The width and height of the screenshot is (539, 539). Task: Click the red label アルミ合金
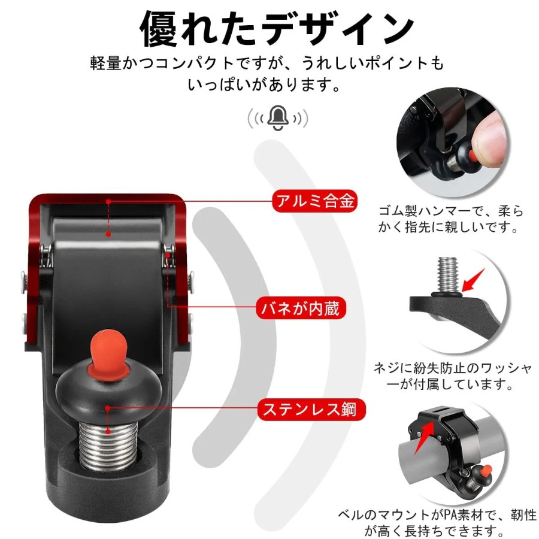click(314, 201)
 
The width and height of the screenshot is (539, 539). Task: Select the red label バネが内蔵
click(301, 308)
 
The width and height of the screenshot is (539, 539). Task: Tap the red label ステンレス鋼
click(311, 409)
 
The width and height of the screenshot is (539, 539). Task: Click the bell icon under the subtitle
click(278, 118)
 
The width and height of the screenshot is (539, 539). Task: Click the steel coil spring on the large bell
click(108, 443)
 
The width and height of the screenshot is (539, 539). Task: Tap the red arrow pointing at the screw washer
click(473, 280)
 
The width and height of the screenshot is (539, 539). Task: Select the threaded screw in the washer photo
click(447, 275)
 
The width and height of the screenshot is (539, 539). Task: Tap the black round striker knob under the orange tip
click(108, 392)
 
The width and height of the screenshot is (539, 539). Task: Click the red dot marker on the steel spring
click(108, 431)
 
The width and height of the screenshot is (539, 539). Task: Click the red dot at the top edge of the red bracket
click(108, 201)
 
